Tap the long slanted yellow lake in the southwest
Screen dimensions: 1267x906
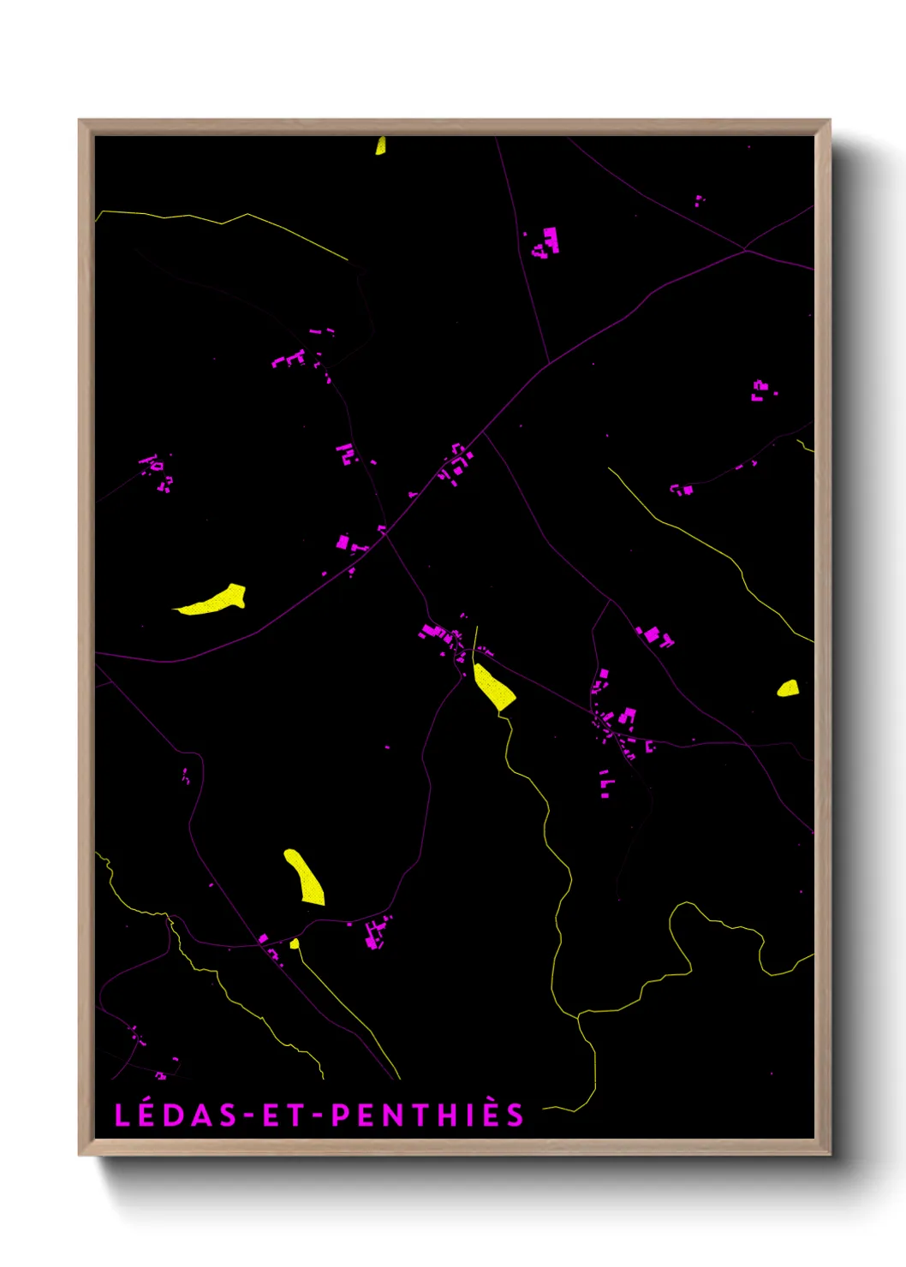[x=304, y=877]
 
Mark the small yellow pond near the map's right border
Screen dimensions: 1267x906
[x=788, y=688]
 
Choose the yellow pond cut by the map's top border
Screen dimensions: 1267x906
[x=380, y=146]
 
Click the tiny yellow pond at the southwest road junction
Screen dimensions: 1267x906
[x=295, y=943]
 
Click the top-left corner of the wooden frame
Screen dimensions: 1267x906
[x=80, y=122]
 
